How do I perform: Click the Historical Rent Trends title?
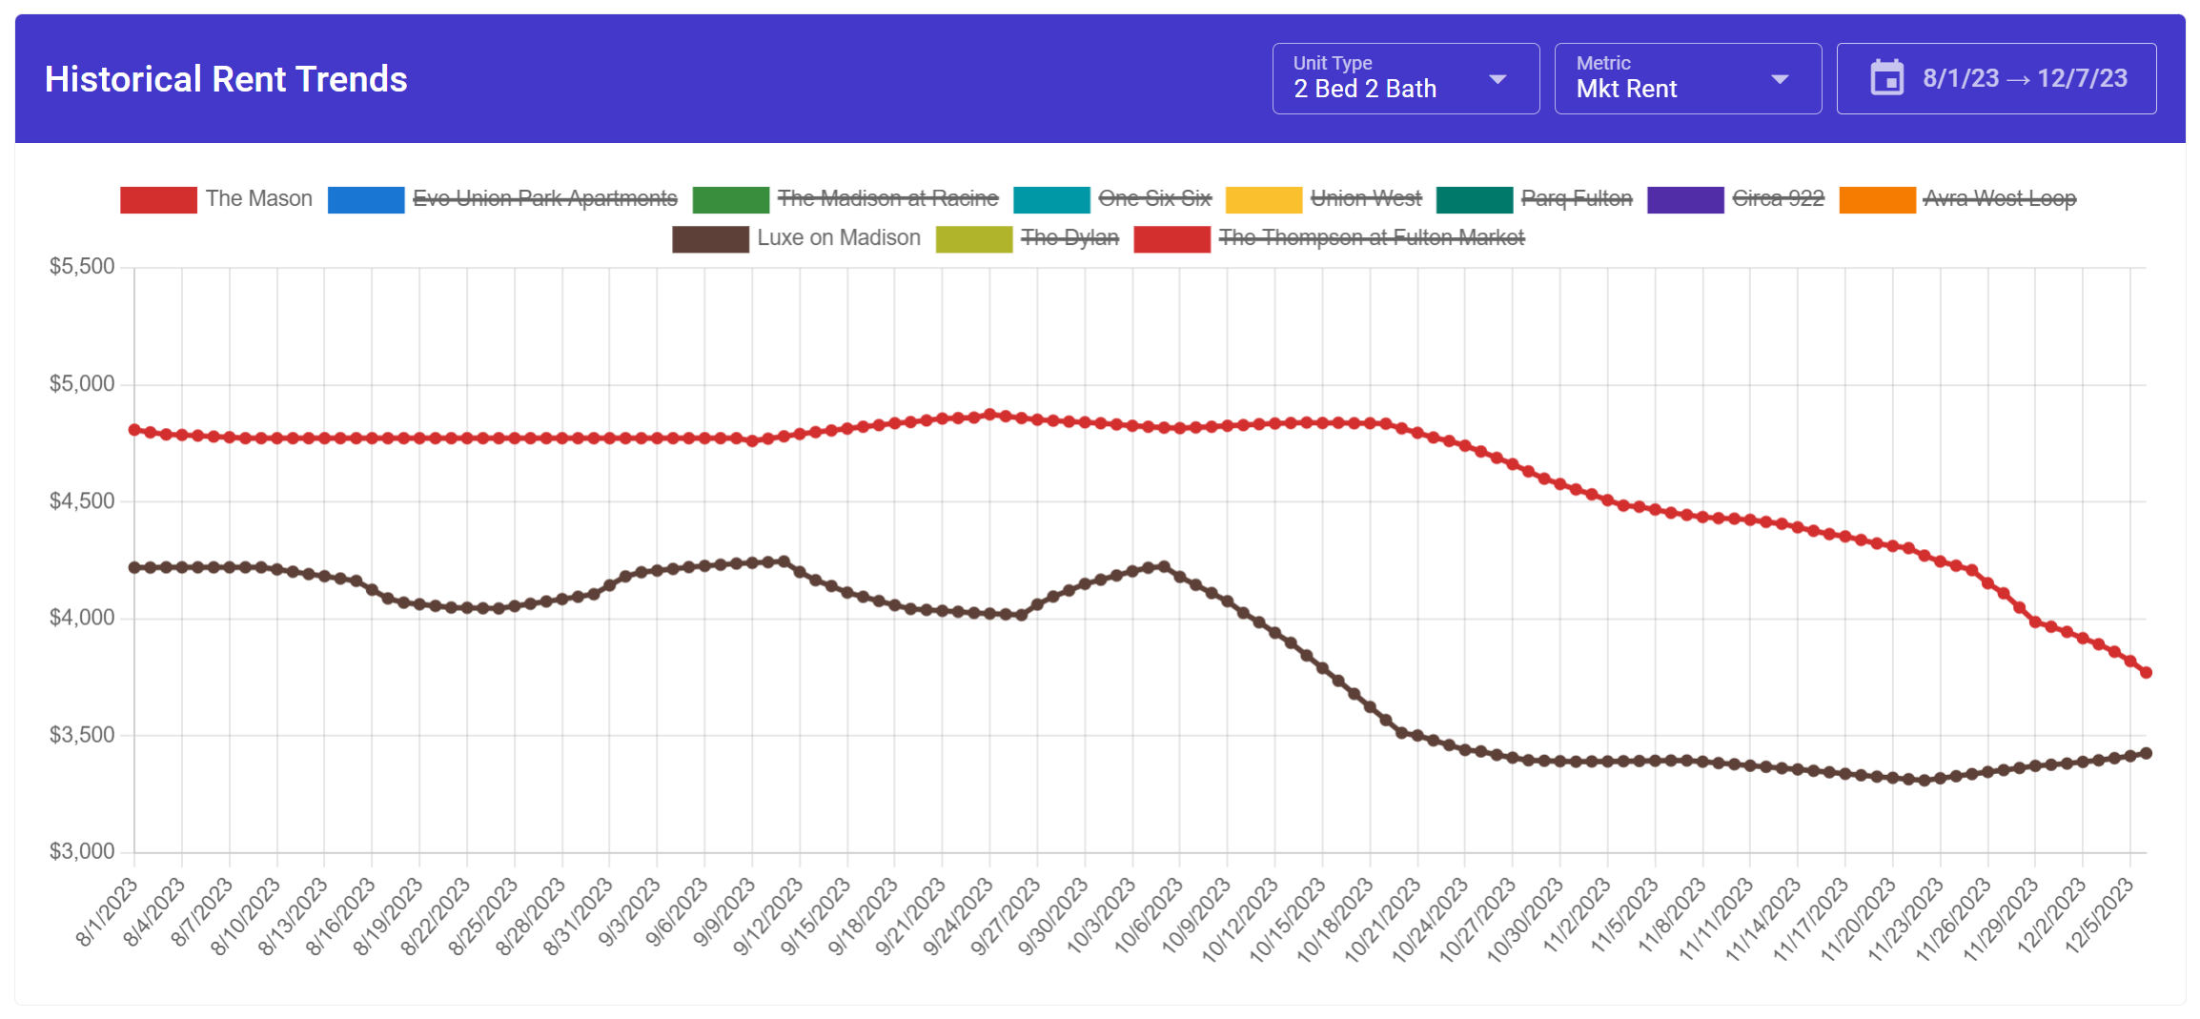point(226,79)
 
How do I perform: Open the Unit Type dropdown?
point(1405,79)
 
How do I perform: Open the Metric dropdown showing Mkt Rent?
point(1687,79)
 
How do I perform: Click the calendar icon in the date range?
point(1886,78)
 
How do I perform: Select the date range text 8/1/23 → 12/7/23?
point(2025,78)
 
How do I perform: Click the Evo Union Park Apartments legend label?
point(544,198)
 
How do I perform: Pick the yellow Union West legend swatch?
point(1263,199)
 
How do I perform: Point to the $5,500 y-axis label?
point(82,267)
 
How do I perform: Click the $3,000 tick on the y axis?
point(82,851)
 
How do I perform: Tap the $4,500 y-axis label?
point(82,500)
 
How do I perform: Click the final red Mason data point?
point(2146,672)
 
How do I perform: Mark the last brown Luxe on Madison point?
point(2146,753)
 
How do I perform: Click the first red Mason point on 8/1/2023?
point(134,430)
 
